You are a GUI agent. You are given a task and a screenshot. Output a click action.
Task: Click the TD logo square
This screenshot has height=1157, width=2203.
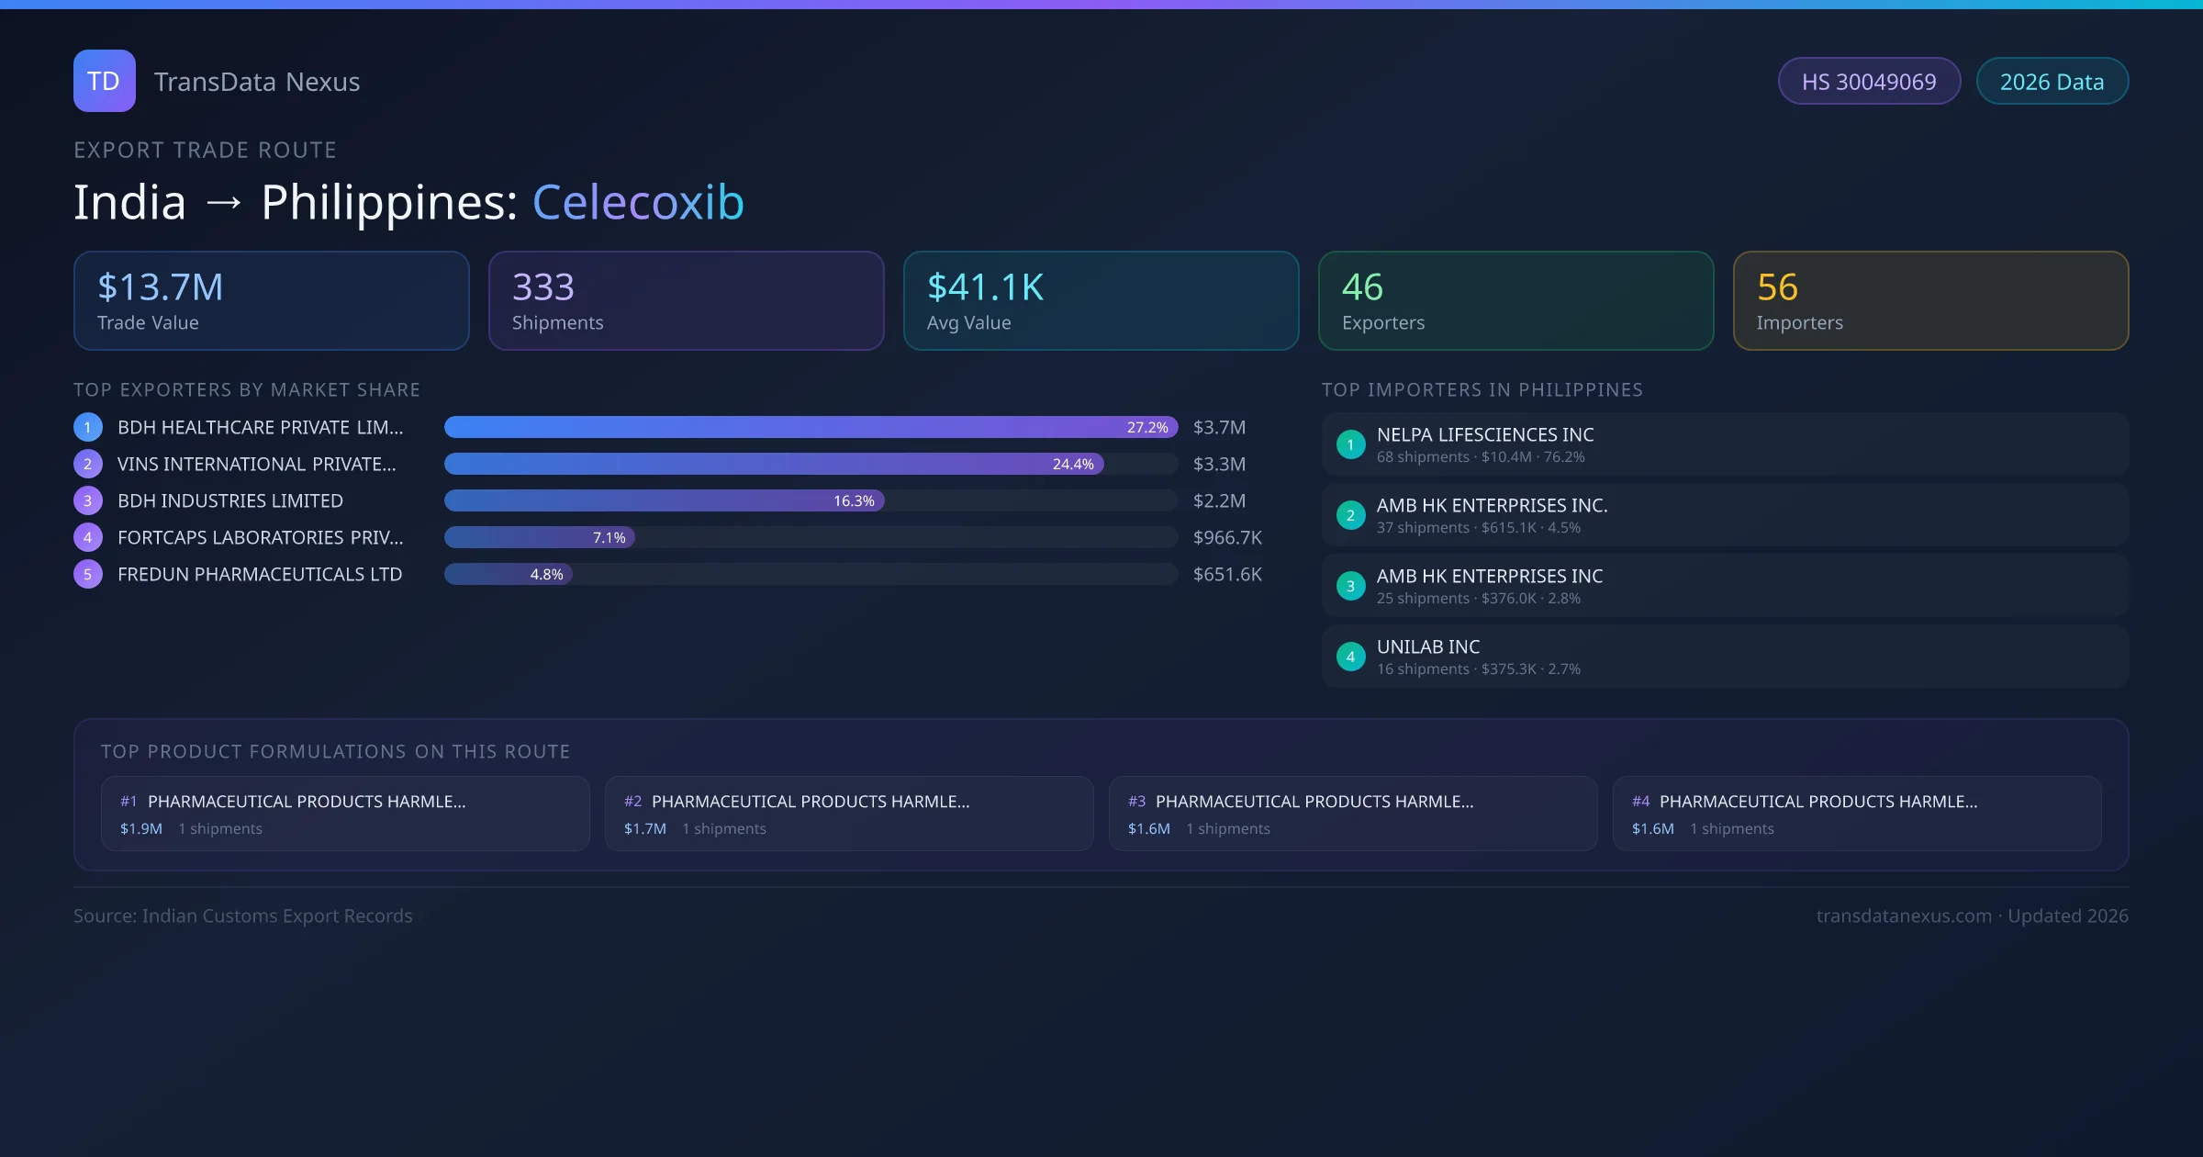(104, 81)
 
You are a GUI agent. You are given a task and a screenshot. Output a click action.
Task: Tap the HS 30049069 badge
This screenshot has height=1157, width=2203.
(1868, 82)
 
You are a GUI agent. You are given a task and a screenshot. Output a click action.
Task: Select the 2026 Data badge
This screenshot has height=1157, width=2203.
(2052, 82)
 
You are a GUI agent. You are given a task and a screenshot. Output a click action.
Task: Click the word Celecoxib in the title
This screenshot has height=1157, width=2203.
(638, 202)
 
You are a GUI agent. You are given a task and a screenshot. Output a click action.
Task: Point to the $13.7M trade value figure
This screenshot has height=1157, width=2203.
(160, 287)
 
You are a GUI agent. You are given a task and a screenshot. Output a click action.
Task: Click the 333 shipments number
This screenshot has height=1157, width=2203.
(542, 287)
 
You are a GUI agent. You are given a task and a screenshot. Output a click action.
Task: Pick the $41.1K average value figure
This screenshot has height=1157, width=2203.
(985, 287)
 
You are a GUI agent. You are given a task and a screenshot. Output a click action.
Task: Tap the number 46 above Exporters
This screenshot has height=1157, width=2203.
(1362, 287)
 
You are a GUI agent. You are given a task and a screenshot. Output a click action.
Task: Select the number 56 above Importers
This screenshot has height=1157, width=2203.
(1777, 287)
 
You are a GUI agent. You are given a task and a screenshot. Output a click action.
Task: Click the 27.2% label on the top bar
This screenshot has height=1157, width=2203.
(1147, 428)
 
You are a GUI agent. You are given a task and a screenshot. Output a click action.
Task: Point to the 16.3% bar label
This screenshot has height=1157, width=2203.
(854, 501)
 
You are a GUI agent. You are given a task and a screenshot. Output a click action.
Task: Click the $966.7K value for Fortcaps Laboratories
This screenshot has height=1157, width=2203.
(1227, 538)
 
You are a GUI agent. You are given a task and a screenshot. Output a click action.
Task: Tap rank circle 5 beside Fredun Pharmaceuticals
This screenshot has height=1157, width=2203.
(88, 575)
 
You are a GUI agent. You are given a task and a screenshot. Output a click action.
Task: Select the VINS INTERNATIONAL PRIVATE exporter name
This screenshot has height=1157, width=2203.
(256, 465)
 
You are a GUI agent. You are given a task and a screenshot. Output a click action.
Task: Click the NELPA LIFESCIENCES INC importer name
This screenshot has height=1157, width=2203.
(1484, 435)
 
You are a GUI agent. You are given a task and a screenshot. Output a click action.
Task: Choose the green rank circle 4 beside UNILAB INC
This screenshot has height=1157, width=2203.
(1350, 657)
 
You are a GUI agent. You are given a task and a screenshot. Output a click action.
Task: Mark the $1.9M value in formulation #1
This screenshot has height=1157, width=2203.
(141, 829)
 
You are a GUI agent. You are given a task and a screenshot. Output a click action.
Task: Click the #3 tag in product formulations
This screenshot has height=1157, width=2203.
(1136, 802)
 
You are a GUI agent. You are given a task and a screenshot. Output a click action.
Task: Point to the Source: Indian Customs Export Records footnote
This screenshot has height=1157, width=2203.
(242, 916)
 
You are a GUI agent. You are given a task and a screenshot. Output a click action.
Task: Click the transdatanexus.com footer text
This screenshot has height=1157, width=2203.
(1903, 916)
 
